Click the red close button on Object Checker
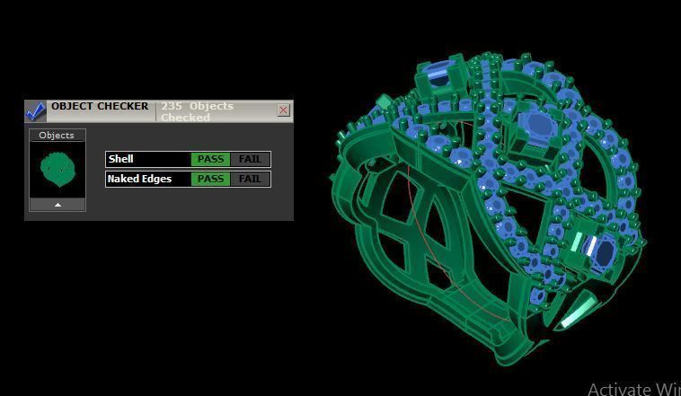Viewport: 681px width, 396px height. point(284,110)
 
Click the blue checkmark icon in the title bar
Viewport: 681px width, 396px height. point(35,111)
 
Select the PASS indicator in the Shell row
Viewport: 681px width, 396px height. point(210,159)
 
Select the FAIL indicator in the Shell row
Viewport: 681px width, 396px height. point(250,159)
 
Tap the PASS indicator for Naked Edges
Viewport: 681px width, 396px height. point(210,179)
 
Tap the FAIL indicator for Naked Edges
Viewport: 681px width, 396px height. point(250,179)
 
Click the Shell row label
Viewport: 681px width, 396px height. point(121,159)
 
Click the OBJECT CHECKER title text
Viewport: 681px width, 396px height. point(100,106)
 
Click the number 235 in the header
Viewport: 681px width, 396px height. point(172,106)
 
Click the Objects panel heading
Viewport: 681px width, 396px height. point(57,136)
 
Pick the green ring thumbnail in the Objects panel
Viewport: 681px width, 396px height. point(57,169)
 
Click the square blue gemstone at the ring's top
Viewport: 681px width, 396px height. point(438,76)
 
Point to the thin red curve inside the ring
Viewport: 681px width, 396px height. point(422,233)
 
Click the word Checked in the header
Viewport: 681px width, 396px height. point(185,118)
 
